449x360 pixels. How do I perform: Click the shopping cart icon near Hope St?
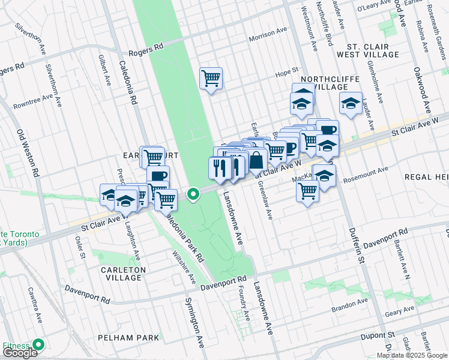click(211, 78)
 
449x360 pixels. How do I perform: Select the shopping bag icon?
click(256, 161)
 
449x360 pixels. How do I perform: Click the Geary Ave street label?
click(400, 310)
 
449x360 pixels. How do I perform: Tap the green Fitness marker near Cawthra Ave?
click(39, 345)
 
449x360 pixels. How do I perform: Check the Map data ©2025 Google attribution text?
click(411, 355)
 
